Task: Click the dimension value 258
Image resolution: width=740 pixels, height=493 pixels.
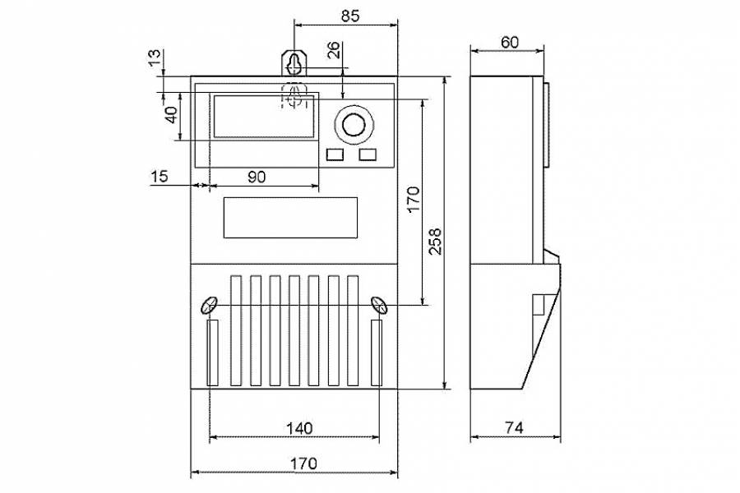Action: click(436, 241)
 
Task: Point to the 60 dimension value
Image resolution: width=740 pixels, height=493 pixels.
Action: click(509, 42)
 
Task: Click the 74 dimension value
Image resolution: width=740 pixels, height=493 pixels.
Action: click(514, 428)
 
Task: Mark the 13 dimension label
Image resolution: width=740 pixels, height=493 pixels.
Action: click(153, 58)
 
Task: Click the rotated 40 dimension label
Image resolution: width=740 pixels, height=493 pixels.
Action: click(170, 115)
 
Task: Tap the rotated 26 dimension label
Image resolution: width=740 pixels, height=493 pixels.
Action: click(333, 51)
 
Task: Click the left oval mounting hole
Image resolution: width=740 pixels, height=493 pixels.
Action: click(209, 305)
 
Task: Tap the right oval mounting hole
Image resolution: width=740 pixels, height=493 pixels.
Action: click(379, 305)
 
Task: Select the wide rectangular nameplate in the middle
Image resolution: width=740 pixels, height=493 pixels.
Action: click(290, 217)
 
